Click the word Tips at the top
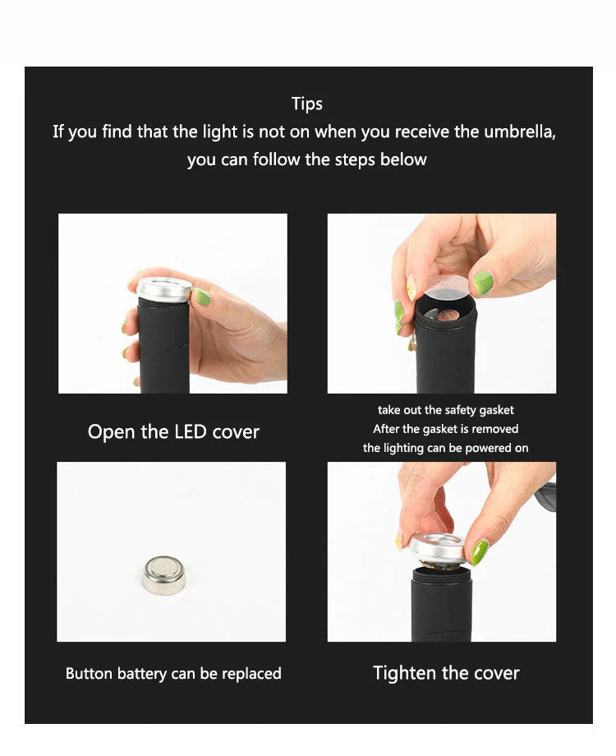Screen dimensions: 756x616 [307, 104]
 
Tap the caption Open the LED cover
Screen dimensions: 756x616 [173, 432]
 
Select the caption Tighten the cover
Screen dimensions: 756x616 [446, 673]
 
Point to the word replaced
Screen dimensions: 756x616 [251, 674]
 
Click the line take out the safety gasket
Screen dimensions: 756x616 [446, 410]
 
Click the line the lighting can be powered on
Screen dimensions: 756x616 [446, 448]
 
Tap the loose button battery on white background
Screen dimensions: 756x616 [163, 574]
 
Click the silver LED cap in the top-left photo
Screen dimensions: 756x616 [164, 288]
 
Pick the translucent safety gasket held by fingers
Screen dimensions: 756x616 [448, 288]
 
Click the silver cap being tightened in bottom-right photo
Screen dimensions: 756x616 [437, 548]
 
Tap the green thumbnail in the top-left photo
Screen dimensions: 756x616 [200, 297]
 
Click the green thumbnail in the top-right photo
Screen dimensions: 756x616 [483, 282]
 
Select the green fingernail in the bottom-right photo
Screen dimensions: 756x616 [479, 551]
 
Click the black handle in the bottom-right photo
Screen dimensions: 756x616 [441, 604]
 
